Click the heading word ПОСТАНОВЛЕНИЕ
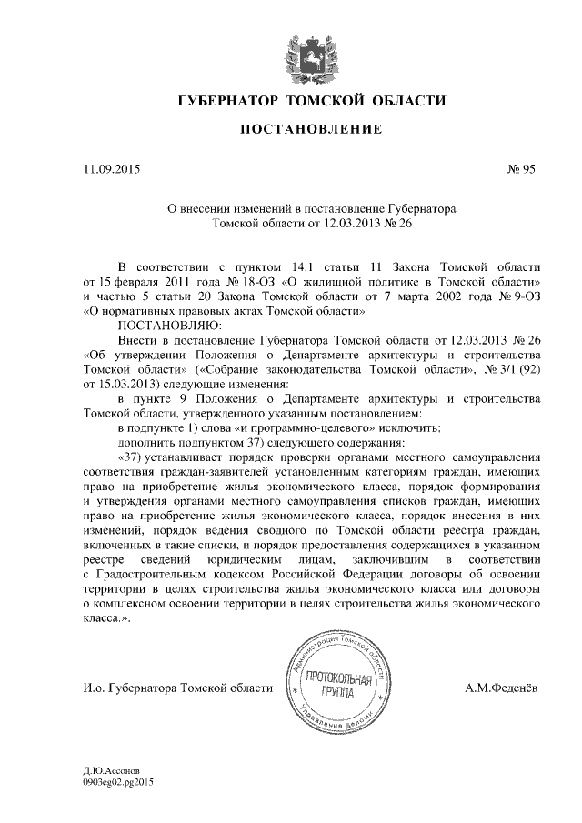tap(310, 129)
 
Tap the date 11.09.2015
tap(113, 168)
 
